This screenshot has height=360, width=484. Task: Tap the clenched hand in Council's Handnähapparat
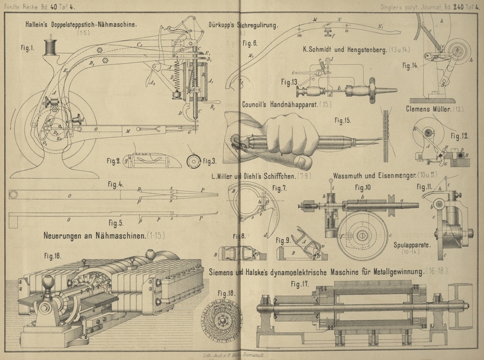284,140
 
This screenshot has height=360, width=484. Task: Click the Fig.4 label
115,184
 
